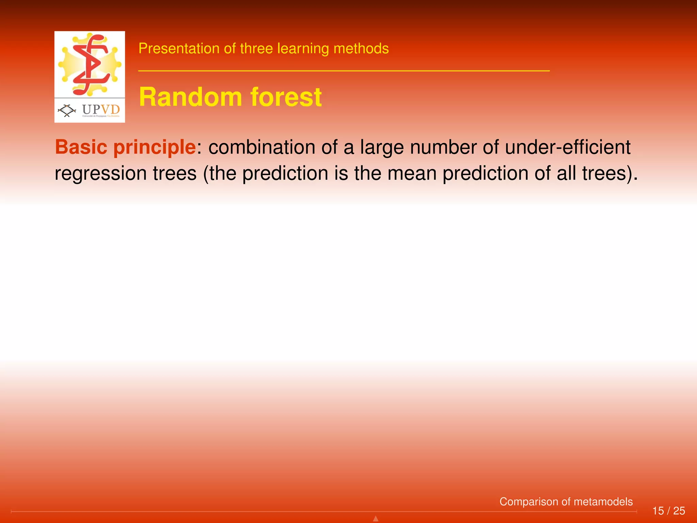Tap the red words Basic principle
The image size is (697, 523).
click(125, 147)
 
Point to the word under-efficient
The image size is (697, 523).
click(568, 147)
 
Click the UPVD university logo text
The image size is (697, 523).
click(101, 110)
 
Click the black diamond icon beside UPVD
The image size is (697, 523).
click(67, 110)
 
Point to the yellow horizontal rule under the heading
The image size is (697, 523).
click(344, 71)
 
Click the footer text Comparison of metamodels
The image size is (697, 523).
click(566, 502)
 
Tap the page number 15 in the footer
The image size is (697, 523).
click(658, 511)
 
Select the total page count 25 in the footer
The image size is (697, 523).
click(679, 511)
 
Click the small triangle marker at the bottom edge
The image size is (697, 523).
click(376, 519)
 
